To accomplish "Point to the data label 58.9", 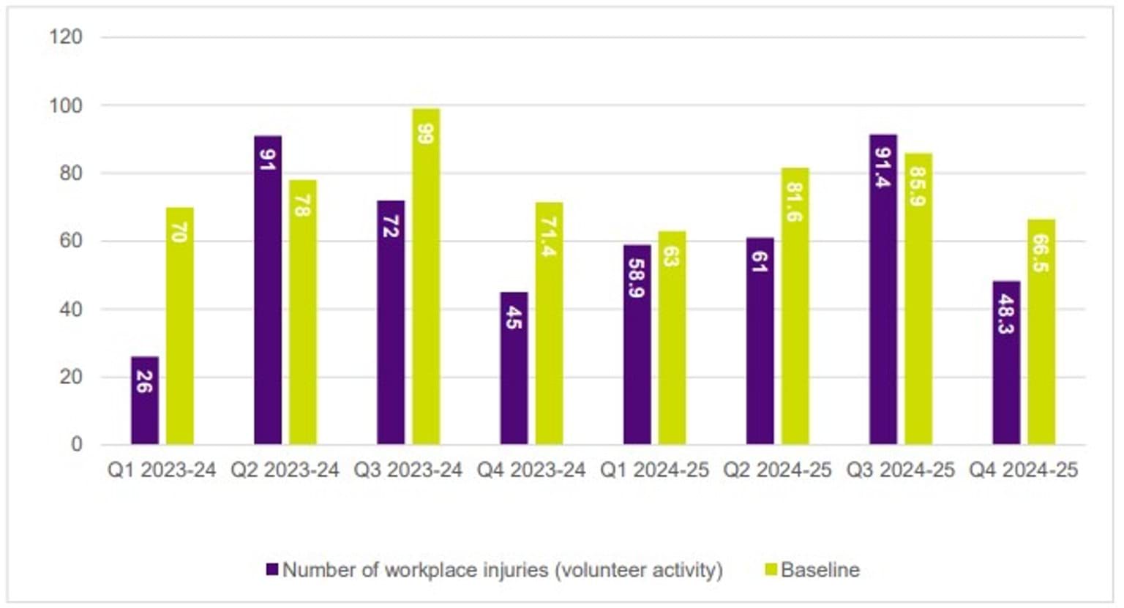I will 637,278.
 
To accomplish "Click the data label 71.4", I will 549,237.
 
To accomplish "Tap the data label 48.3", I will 1006,314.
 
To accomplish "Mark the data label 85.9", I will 918,187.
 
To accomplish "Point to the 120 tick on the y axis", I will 66,37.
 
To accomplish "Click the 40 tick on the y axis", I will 70,309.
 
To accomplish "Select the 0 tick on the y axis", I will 76,444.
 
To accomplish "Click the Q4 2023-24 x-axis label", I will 531,470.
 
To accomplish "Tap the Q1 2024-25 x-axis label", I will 654,470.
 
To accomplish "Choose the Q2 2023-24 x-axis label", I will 285,470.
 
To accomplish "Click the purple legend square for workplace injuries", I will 272,569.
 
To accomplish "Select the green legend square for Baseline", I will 771,569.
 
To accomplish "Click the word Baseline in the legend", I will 820,569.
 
